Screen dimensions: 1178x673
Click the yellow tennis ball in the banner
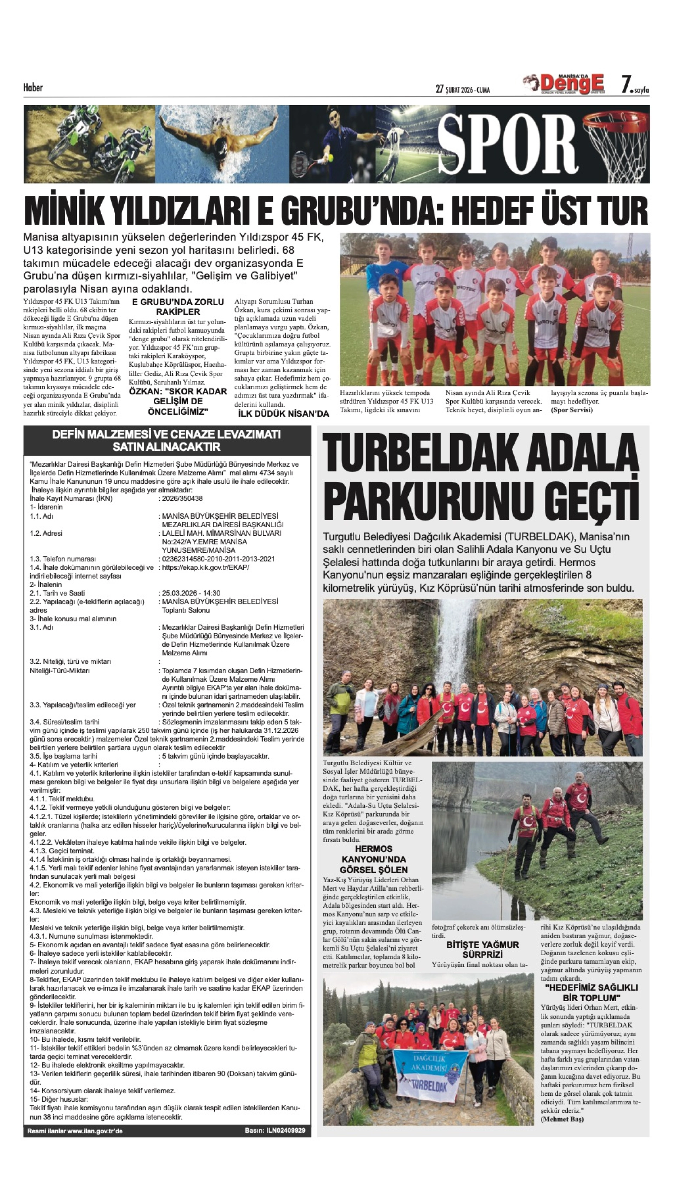pyautogui.click(x=330, y=158)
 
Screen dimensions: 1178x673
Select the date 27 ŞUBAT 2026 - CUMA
pyautogui.click(x=463, y=90)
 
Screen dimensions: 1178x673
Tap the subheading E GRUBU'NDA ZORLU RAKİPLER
pyautogui.click(x=177, y=307)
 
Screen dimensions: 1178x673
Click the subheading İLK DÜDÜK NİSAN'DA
pyautogui.click(x=283, y=414)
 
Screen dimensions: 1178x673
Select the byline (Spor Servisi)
pyautogui.click(x=571, y=410)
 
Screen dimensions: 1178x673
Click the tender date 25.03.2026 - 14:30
pyautogui.click(x=191, y=593)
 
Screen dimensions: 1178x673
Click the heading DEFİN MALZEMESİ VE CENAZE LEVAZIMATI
pyautogui.click(x=166, y=435)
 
